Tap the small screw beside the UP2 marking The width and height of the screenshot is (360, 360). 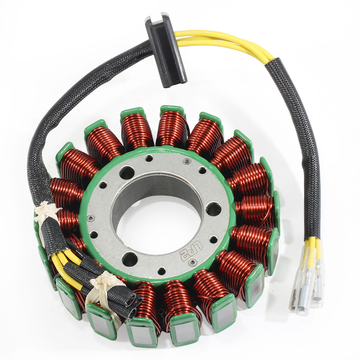point(193,263)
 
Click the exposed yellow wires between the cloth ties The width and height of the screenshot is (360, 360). point(64,263)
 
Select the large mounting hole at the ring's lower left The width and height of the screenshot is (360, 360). point(130,259)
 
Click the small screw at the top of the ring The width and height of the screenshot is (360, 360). point(186,162)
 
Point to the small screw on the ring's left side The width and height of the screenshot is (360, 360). point(90,218)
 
